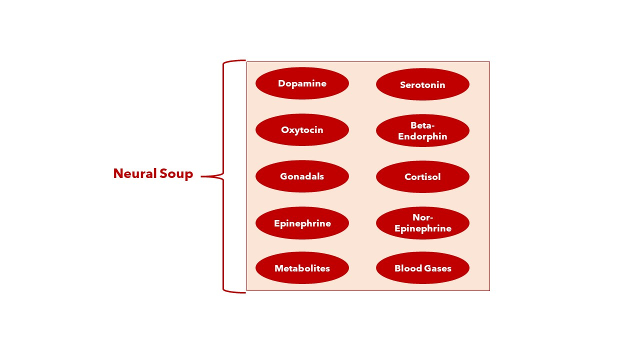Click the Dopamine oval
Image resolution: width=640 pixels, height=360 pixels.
302,83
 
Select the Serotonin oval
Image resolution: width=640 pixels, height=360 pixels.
422,84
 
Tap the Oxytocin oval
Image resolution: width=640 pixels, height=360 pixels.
302,130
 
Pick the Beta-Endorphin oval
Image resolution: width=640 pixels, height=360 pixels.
422,130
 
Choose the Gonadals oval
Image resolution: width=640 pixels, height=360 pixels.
302,176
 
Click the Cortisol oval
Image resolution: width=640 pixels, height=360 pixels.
422,176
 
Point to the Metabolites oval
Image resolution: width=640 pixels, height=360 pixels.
302,268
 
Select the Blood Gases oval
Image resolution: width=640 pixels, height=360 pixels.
422,268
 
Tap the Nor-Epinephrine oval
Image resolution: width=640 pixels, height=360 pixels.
422,223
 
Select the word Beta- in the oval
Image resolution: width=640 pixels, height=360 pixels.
422,125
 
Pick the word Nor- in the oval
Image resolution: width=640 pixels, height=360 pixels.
422,217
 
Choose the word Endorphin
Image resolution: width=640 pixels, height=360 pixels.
422,136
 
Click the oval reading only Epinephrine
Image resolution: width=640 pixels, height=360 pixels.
302,223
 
